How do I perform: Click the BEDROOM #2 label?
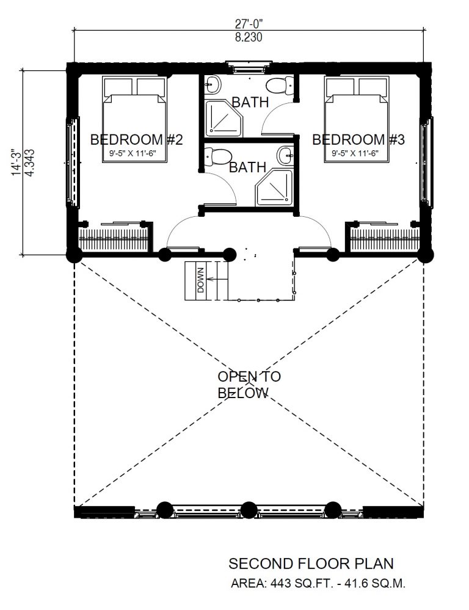pos(136,139)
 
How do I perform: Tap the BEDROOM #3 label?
pos(358,139)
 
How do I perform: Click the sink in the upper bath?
pos(213,84)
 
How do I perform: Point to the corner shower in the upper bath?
pos(224,118)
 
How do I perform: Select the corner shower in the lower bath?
pos(274,188)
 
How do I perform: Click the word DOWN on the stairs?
pos(201,280)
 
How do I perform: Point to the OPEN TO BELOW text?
pos(249,385)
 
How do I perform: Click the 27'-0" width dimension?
pos(249,24)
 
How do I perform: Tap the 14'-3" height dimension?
pos(16,162)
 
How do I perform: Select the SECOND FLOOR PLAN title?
pos(311,564)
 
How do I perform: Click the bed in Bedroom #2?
pos(135,119)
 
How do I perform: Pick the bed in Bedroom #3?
pos(357,119)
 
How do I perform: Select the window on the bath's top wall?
pos(249,67)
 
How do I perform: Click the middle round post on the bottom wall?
pos(248,510)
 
